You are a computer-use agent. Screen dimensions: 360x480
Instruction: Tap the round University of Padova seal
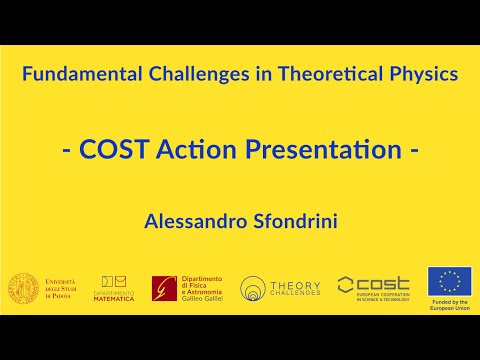coord(24,288)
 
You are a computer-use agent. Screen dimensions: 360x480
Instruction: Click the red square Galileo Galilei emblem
coord(165,289)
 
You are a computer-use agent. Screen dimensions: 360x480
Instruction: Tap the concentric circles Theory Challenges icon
coord(253,289)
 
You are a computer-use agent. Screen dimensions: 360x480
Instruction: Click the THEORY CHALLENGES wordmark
coord(296,288)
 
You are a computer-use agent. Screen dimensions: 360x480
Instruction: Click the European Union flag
coord(449,282)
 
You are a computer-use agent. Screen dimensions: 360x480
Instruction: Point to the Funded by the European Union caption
coord(449,307)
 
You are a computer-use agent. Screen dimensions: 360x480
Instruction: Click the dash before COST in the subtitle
coord(66,152)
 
